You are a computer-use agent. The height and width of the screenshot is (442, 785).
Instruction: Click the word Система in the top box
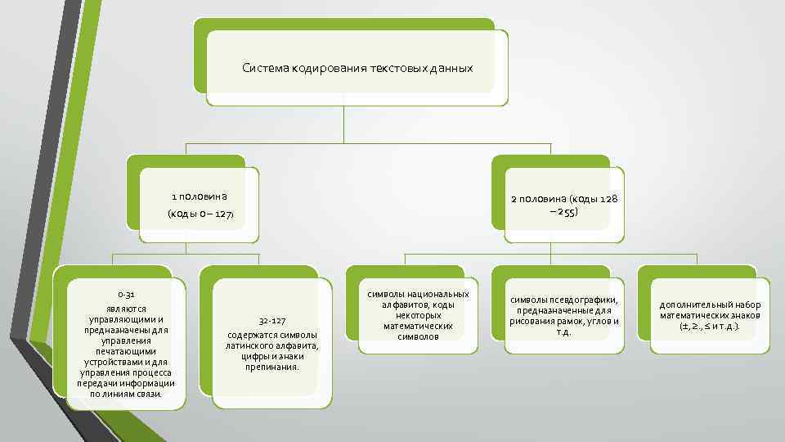(262, 68)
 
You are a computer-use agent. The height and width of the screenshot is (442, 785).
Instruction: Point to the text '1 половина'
(199, 196)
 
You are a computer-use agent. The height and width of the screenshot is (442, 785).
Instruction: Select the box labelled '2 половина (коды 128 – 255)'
(564, 205)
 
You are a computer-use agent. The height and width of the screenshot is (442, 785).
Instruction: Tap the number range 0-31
(126, 294)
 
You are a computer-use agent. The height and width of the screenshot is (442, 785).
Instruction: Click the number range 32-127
(272, 320)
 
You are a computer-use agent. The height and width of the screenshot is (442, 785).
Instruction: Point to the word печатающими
(125, 351)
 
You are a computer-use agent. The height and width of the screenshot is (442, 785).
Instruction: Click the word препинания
(272, 367)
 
